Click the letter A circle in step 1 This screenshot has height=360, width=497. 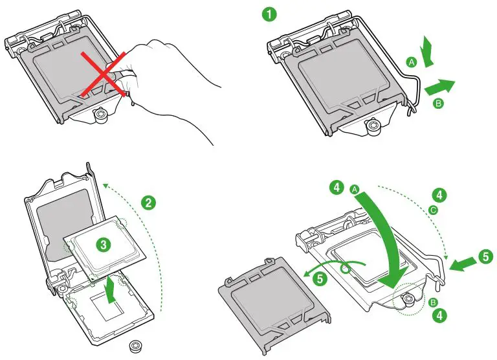(411, 62)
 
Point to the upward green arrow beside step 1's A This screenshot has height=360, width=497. (428, 51)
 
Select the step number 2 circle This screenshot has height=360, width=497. (149, 203)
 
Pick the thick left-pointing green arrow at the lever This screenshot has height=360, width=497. (461, 262)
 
